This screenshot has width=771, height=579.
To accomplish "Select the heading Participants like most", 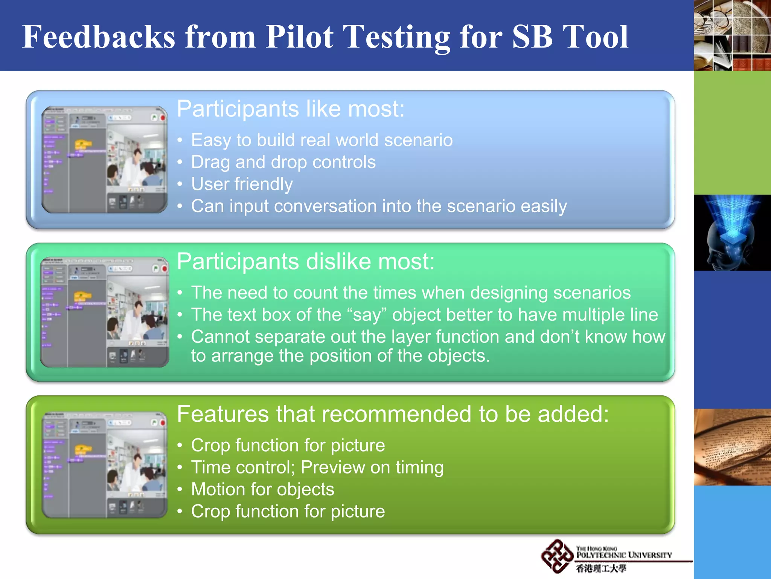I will [290, 109].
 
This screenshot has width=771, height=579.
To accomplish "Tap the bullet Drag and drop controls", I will [283, 162].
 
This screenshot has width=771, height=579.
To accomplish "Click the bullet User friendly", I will [242, 184].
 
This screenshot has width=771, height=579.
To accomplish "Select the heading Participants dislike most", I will [305, 261].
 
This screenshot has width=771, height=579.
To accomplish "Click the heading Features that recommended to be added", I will [392, 414].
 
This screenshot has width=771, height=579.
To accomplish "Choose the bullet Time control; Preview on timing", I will [317, 467].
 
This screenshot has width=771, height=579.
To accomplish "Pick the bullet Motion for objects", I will [262, 489].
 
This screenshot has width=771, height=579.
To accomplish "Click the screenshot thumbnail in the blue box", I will [105, 159].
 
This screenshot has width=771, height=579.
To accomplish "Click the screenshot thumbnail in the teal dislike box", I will [105, 312].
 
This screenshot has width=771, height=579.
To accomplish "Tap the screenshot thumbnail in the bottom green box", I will [105, 465].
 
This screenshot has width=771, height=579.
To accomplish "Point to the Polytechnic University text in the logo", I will [624, 555].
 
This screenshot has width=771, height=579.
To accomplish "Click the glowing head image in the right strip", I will [732, 233].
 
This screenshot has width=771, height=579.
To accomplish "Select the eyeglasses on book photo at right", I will [732, 447].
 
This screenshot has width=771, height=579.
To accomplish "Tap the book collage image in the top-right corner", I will [732, 35].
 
